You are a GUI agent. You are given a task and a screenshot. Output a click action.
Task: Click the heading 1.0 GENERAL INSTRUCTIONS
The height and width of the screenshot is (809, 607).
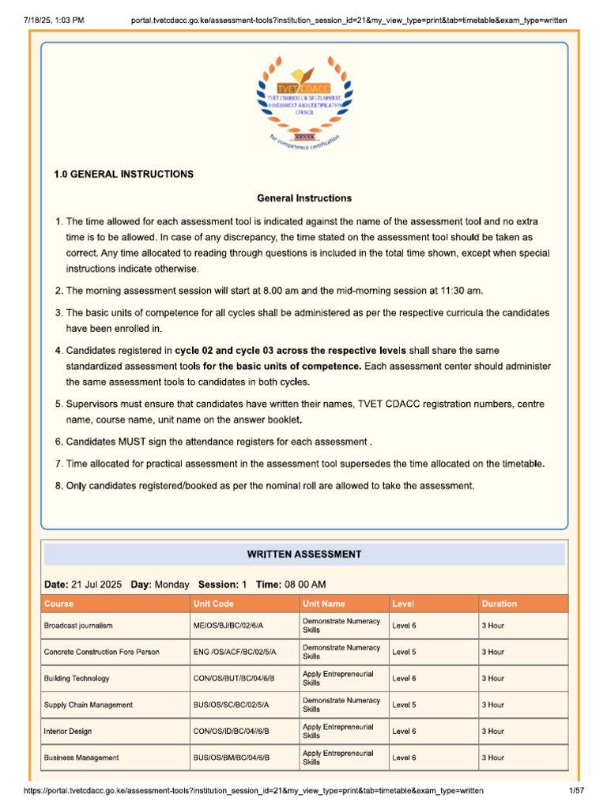click(123, 174)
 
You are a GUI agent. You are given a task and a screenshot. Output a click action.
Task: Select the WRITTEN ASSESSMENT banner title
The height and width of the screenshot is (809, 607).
click(304, 555)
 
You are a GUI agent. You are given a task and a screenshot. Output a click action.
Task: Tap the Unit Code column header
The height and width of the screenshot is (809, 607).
click(213, 604)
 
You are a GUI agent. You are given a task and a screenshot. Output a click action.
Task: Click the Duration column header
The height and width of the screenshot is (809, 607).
click(500, 604)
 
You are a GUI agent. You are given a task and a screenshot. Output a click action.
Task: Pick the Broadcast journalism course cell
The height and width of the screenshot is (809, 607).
click(78, 626)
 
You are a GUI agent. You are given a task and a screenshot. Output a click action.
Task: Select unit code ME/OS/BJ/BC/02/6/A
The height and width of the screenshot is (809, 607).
click(228, 626)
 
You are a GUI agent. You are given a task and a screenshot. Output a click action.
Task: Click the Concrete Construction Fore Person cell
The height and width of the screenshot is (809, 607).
click(101, 652)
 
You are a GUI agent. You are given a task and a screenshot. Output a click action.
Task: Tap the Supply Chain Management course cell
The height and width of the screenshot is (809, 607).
click(89, 705)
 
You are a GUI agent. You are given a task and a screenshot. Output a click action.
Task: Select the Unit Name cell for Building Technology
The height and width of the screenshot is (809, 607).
click(338, 679)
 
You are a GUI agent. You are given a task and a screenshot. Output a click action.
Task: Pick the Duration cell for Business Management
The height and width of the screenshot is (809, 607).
click(493, 758)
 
